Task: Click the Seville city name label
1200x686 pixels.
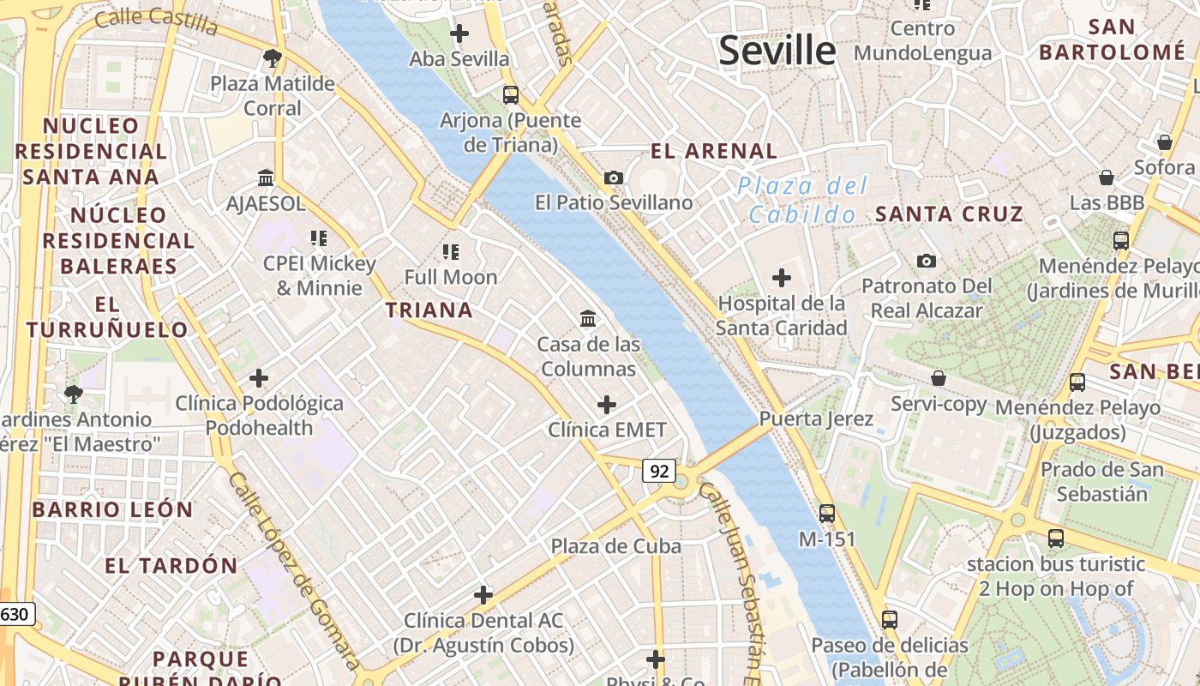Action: click(777, 51)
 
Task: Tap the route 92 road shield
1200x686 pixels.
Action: click(658, 471)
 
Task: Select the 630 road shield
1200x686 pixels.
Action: click(16, 614)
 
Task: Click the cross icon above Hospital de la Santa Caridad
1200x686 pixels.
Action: click(781, 278)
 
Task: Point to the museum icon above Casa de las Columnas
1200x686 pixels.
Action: click(588, 319)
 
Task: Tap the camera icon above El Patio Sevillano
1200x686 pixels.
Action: click(614, 178)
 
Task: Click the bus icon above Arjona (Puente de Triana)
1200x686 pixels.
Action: click(511, 94)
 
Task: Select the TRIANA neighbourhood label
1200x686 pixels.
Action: click(429, 310)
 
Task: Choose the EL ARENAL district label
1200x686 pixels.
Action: click(714, 152)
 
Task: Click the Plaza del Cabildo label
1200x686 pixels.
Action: click(802, 200)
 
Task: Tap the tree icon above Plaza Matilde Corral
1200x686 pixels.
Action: click(273, 58)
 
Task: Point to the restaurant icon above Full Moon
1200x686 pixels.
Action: click(451, 251)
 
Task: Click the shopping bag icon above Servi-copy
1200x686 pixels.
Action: click(939, 378)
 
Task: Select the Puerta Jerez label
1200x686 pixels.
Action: click(816, 419)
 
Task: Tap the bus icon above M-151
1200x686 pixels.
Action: click(827, 514)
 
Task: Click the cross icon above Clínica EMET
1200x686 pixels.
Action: click(607, 405)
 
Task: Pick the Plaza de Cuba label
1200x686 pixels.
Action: click(616, 546)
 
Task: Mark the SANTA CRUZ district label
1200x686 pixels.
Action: click(949, 214)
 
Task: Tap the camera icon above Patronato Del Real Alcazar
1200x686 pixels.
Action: click(926, 261)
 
